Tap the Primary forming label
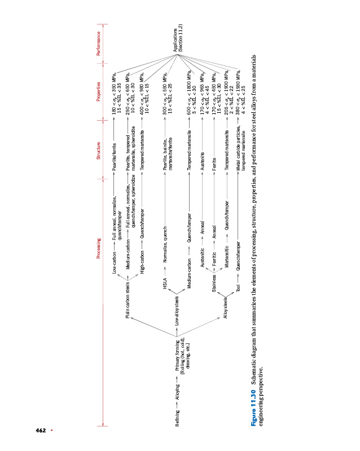183,354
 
